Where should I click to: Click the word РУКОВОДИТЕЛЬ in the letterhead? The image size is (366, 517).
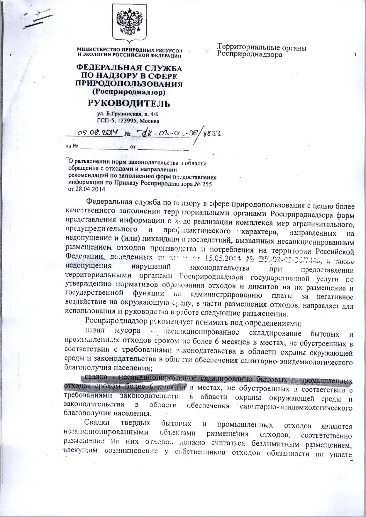pyautogui.click(x=129, y=104)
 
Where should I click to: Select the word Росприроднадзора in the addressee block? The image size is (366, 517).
pyautogui.click(x=250, y=54)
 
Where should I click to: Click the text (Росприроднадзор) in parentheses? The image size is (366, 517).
pyautogui.click(x=129, y=92)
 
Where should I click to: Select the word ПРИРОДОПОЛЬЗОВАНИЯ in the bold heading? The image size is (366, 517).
pyautogui.click(x=129, y=84)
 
